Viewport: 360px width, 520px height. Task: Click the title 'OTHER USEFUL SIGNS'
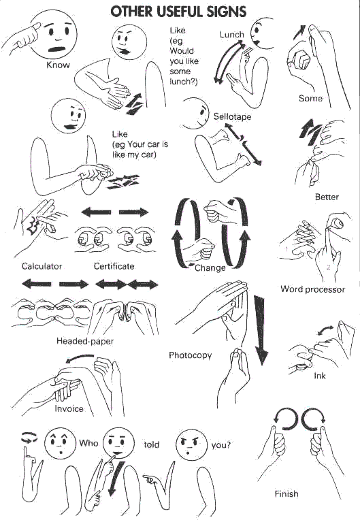pos(178,12)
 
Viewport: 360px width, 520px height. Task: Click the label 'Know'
pos(58,65)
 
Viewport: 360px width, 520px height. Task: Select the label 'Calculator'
pos(42,266)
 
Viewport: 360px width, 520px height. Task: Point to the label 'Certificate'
pos(114,266)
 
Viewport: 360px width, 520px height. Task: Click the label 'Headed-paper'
pos(85,341)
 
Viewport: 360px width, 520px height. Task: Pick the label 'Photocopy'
pos(191,355)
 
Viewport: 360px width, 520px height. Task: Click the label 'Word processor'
pos(312,289)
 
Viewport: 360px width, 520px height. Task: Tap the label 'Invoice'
pos(69,408)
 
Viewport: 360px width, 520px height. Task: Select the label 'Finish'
pos(286,493)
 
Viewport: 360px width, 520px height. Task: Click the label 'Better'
pos(327,197)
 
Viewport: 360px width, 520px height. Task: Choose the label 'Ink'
pos(320,376)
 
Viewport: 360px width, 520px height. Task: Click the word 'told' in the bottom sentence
pos(152,444)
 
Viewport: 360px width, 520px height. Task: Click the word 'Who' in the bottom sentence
pos(88,443)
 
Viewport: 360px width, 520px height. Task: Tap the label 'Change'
pos(210,268)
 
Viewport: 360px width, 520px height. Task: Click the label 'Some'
pos(310,99)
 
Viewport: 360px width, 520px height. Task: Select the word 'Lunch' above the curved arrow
pos(231,34)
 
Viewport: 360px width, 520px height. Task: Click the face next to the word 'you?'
pos(191,444)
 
